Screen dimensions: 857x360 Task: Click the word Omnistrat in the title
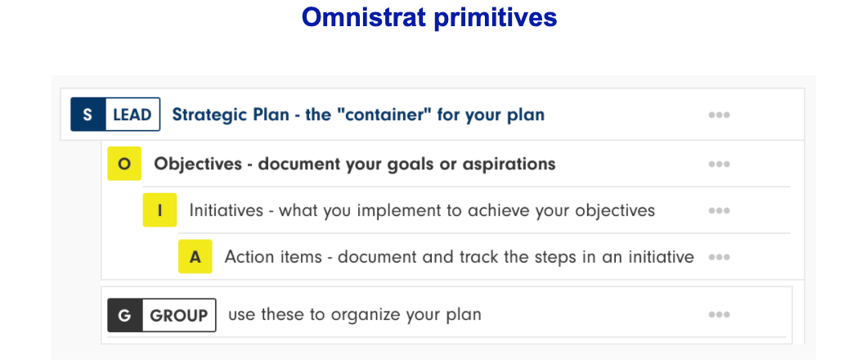click(363, 17)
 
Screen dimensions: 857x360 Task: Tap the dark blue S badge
click(87, 115)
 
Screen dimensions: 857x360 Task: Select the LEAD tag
click(132, 115)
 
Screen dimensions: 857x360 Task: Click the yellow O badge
click(124, 164)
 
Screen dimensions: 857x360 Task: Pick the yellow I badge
click(159, 210)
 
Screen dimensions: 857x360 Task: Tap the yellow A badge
click(195, 257)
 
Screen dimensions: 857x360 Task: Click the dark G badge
click(124, 315)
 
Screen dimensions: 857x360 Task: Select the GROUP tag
click(179, 315)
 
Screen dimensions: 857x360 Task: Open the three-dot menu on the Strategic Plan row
click(720, 115)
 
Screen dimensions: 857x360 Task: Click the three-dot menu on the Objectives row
click(720, 164)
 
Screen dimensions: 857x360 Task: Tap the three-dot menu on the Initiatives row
click(720, 210)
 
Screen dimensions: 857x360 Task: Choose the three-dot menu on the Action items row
click(720, 257)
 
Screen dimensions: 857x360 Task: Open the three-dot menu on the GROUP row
click(720, 314)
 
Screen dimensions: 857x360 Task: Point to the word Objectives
click(198, 164)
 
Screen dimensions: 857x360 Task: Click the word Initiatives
click(227, 210)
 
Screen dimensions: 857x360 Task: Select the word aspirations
click(512, 164)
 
